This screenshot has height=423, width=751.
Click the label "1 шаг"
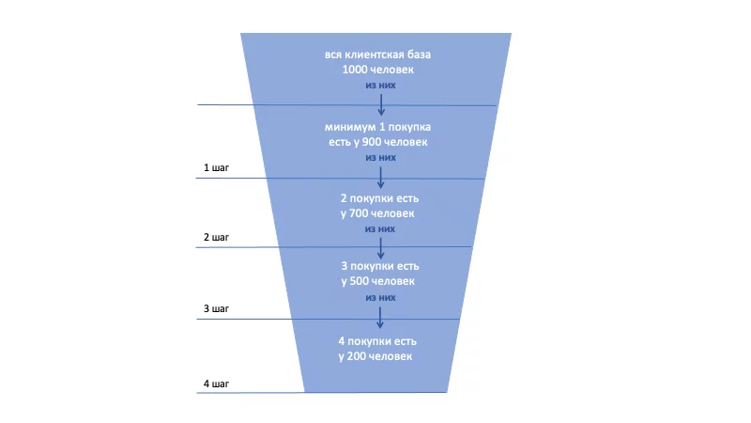(216, 168)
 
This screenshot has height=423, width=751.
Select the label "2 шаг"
(216, 238)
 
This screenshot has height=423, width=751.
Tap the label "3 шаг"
(216, 308)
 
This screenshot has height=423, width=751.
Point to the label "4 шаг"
(216, 384)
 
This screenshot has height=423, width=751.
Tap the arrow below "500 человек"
(379, 316)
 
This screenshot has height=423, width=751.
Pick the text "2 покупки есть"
(378, 198)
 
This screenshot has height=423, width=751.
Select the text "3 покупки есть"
(378, 266)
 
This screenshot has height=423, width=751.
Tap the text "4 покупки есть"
(378, 340)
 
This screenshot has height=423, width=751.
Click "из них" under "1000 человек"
(379, 86)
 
